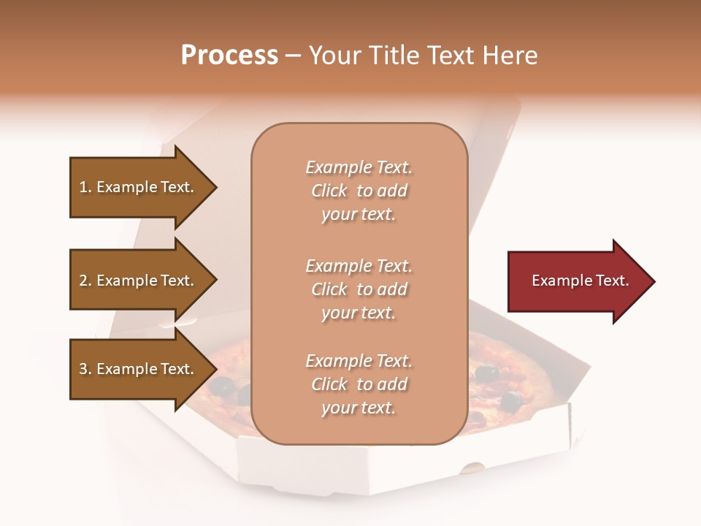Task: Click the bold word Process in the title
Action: pos(229,56)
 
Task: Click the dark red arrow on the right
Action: pos(577,281)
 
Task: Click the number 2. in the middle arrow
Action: pos(85,281)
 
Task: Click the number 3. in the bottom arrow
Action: pos(85,369)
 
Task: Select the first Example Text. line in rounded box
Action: pos(359,167)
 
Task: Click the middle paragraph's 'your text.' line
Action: pos(359,313)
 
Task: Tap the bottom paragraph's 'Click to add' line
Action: pos(359,384)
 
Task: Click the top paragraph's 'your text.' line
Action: pos(359,215)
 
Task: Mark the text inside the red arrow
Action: pos(580,281)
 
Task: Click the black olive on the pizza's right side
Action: pos(510,400)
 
